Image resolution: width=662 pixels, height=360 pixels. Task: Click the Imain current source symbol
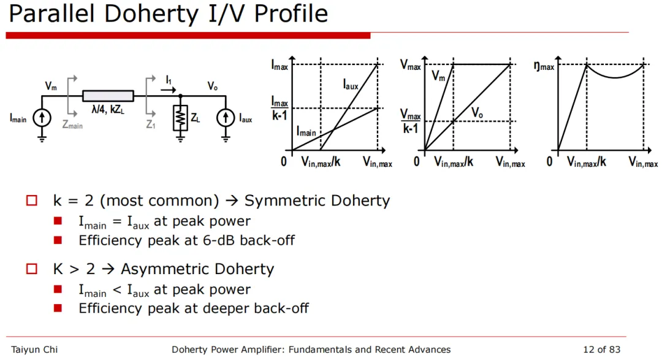pos(41,118)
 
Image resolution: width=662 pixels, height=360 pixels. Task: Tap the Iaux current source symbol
pos(225,118)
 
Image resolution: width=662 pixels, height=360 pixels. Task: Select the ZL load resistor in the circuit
pos(180,118)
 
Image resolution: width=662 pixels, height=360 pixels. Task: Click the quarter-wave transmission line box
pos(108,96)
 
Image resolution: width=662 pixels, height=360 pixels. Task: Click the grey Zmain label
pos(72,125)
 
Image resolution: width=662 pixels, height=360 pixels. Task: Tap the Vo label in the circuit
pos(212,86)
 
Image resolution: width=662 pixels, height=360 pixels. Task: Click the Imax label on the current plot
pos(280,65)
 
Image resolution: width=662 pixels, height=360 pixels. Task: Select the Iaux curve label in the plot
pos(351,86)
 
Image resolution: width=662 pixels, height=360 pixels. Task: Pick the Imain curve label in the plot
pos(306,131)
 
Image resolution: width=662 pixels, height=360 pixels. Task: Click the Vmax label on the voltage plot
pos(411,65)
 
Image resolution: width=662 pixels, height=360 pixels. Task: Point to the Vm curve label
pos(439,76)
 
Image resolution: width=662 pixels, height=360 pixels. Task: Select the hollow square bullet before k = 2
pos(32,201)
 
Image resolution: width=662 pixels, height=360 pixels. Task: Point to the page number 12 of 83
pos(601,350)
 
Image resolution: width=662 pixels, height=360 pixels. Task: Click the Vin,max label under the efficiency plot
pos(643,163)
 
